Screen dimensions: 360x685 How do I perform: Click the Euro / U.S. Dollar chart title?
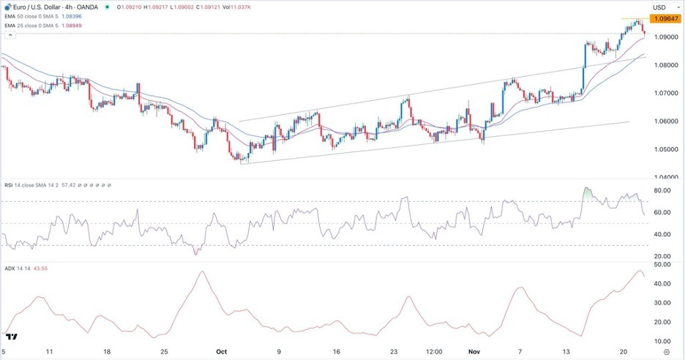[x=36, y=7]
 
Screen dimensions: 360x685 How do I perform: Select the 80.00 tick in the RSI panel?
[x=662, y=191]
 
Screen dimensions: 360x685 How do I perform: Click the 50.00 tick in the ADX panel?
[x=662, y=264]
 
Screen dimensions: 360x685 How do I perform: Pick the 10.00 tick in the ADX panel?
[x=662, y=341]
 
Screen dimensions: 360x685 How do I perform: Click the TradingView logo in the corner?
[x=11, y=337]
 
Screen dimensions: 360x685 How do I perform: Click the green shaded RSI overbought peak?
[x=588, y=194]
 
